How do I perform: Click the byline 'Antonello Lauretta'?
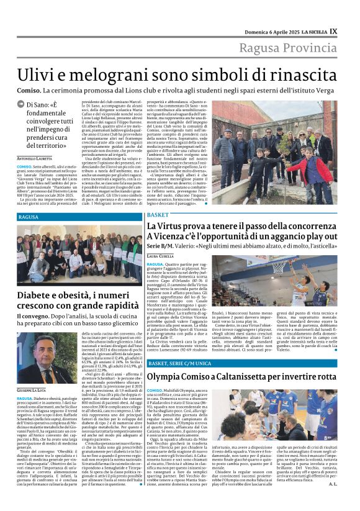pos(35,159)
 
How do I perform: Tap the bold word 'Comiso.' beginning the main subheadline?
pos(30,90)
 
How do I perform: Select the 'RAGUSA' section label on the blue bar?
pos(29,217)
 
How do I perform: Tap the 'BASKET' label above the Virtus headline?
pos(158,214)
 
